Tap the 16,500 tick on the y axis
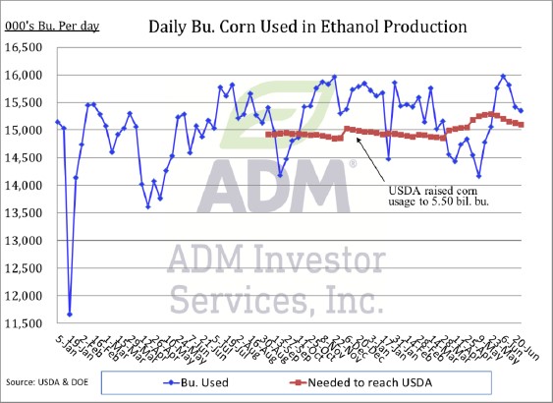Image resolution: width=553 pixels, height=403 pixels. pos(27,47)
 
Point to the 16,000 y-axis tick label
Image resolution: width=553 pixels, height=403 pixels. pos(27,75)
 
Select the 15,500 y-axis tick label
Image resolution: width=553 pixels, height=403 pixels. pos(27,102)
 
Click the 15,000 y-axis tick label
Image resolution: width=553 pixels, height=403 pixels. pos(27,130)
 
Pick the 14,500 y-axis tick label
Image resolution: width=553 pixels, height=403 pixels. pos(27,157)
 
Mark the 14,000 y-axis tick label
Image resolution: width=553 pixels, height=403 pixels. pos(27,185)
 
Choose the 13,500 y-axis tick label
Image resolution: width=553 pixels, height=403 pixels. pos(27,212)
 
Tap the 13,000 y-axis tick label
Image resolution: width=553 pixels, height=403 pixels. pos(27,240)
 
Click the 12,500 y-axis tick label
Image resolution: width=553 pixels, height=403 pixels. pos(27,267)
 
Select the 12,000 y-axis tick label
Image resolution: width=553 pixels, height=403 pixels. pos(27,295)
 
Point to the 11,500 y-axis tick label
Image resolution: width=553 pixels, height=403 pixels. pos(27,322)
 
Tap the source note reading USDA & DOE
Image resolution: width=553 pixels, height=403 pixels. pos(43,381)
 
